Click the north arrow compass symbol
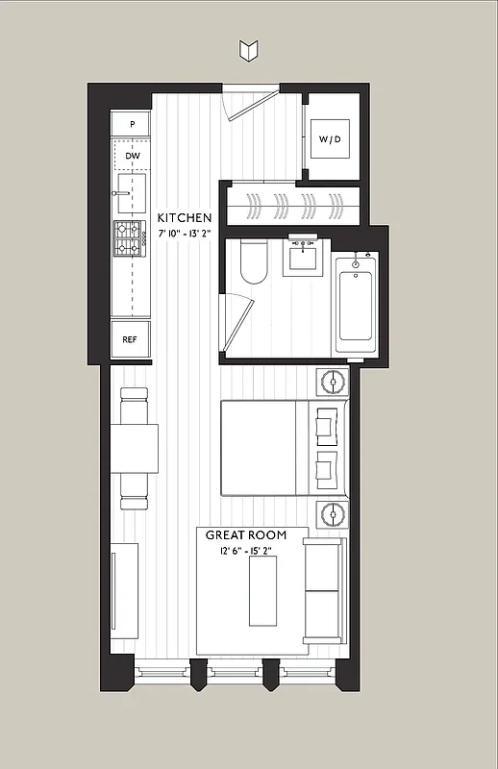click(249, 49)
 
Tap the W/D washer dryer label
click(330, 140)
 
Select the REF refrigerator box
click(130, 339)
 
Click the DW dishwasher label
click(132, 155)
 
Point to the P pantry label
click(132, 125)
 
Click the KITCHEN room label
click(185, 217)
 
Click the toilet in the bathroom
click(254, 261)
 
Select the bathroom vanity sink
click(306, 257)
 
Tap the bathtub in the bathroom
click(356, 303)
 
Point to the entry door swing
click(247, 102)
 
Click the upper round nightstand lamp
click(334, 382)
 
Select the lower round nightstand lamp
click(334, 513)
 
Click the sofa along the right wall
click(325, 590)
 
